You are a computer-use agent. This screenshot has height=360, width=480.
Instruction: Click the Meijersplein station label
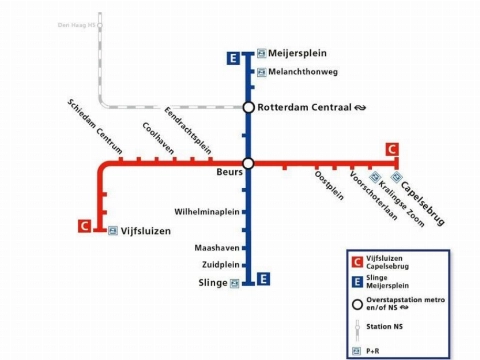point(299,53)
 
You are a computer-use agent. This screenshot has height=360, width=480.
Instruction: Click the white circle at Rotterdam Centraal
point(248,107)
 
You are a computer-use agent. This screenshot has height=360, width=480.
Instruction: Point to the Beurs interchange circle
point(248,163)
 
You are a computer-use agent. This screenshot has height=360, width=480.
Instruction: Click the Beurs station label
point(230,173)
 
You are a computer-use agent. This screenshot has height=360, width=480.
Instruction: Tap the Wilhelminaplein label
point(207,212)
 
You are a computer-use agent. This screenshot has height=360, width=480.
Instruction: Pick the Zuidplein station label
point(221,265)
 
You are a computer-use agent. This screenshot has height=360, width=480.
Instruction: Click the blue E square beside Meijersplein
point(234,57)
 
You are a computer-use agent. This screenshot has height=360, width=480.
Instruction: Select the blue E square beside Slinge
point(262,279)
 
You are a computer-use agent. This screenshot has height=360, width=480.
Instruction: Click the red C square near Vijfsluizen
point(85,225)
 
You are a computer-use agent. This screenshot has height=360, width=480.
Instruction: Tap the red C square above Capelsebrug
point(391,150)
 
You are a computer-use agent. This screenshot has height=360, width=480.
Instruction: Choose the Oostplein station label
point(329,186)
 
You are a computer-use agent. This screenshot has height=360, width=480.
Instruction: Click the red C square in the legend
point(357,263)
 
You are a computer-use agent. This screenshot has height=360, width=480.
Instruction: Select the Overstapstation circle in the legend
point(357,303)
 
